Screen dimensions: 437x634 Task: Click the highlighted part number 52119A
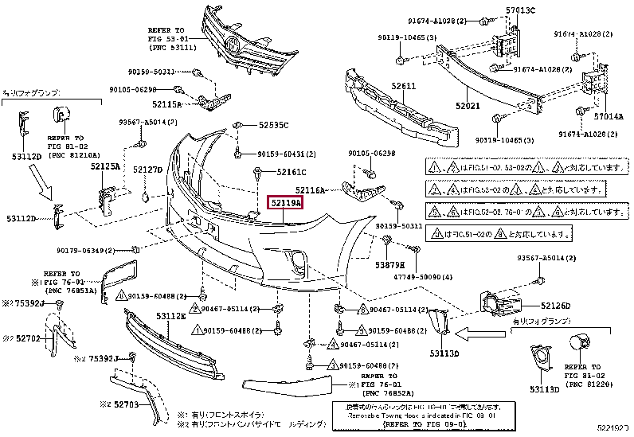284,205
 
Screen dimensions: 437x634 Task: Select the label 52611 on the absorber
403,86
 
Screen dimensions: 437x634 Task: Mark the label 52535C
273,126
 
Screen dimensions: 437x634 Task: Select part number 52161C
292,172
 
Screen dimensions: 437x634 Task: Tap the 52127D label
147,170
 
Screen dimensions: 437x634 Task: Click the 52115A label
168,104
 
